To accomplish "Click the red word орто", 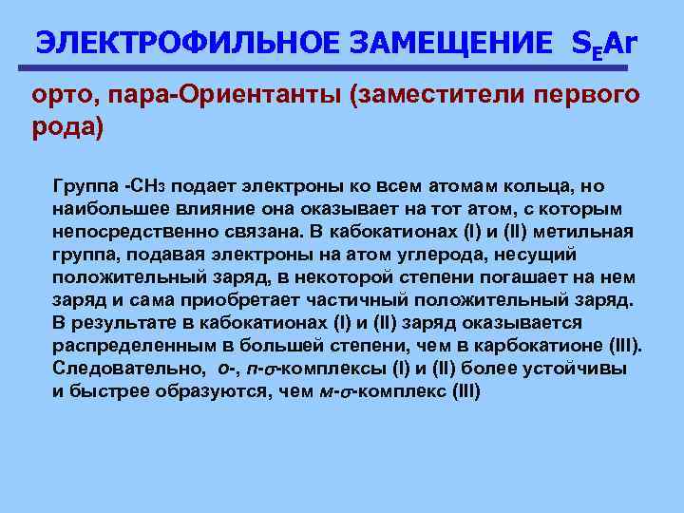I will point(61,96).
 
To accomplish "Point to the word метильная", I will point(583,231).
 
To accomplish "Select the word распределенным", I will point(121,345).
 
